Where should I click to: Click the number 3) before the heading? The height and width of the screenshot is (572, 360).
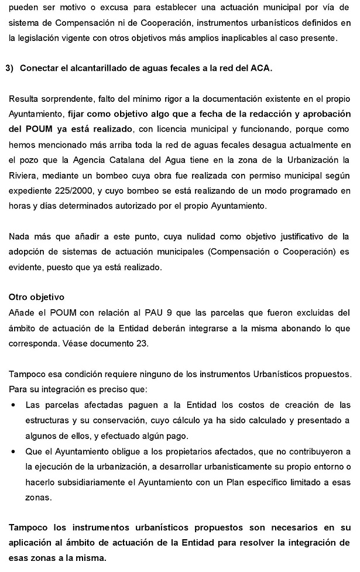pos(9,68)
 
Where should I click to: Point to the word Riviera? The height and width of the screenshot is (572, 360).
pos(23,175)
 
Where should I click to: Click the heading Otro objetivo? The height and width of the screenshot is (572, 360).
pos(36,297)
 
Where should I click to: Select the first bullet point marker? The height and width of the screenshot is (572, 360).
pos(13,405)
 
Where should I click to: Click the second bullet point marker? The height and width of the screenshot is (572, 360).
pos(13,451)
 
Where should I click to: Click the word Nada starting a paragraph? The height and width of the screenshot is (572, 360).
pos(20,236)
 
